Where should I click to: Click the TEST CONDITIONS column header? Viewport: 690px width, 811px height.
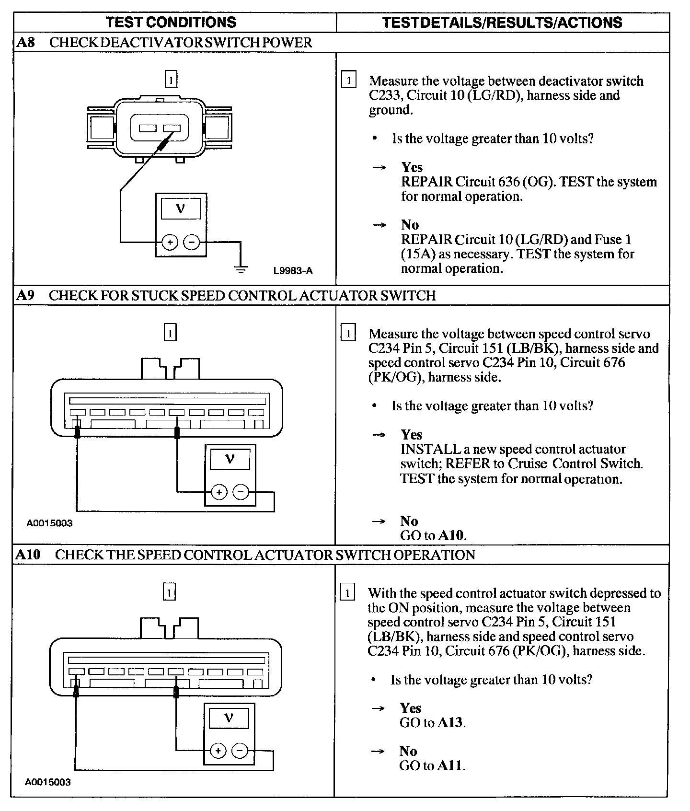point(171,22)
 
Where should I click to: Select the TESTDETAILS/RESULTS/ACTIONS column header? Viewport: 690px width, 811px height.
point(502,22)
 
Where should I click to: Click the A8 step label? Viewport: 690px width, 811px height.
point(26,43)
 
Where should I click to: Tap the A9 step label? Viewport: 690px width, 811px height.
point(26,295)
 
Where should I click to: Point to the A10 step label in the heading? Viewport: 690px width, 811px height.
point(28,555)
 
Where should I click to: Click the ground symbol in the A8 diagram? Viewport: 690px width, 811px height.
point(241,269)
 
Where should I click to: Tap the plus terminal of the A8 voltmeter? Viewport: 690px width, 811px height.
point(170,243)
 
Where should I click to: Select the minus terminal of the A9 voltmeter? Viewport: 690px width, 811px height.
point(241,492)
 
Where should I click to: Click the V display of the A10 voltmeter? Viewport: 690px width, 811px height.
point(229,718)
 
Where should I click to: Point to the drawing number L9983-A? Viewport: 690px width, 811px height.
point(293,271)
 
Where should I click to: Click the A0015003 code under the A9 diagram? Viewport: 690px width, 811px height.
point(49,523)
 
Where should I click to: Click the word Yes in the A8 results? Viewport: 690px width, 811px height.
point(412,167)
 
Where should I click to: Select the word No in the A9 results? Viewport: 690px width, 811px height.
point(409,521)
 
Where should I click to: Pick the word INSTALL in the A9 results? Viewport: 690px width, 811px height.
point(431,449)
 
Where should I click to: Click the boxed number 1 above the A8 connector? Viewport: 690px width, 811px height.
point(171,79)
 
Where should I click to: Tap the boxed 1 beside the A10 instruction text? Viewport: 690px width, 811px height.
point(348,593)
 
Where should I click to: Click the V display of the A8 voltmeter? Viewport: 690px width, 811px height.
point(181,209)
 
